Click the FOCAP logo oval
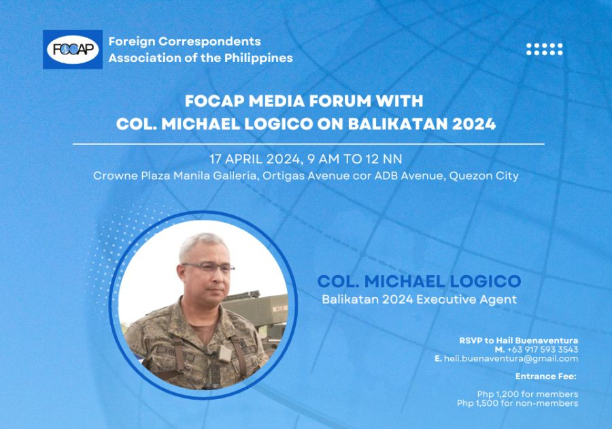pyautogui.click(x=73, y=50)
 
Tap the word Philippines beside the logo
pyautogui.click(x=258, y=58)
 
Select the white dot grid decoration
pyautogui.click(x=545, y=49)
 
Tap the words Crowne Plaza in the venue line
pyautogui.click(x=132, y=176)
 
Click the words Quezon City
pyautogui.click(x=484, y=176)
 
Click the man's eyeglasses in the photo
pyautogui.click(x=209, y=268)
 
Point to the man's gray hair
pyautogui.click(x=202, y=244)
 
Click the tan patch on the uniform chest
pyautogui.click(x=224, y=354)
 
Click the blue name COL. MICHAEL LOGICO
pyautogui.click(x=419, y=281)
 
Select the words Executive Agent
pyautogui.click(x=466, y=300)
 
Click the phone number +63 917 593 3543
pyautogui.click(x=543, y=349)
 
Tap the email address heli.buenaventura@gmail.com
pyautogui.click(x=511, y=359)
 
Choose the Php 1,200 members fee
pyautogui.click(x=527, y=394)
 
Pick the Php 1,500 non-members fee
pyautogui.click(x=517, y=403)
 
